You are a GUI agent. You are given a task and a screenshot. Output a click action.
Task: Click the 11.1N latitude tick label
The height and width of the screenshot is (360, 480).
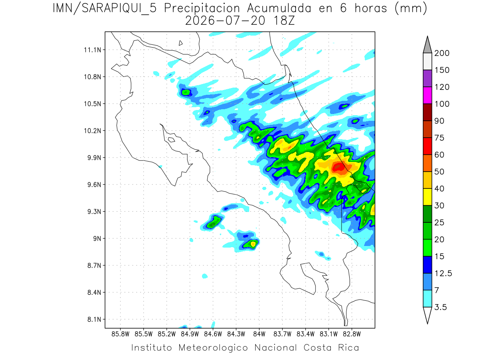[92, 50]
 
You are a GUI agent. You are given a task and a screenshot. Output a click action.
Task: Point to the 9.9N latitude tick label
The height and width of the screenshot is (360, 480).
[94, 158]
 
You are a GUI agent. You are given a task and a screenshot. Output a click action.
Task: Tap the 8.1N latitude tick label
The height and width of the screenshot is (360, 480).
[94, 320]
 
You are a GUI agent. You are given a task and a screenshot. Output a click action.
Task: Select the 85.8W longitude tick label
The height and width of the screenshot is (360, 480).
[120, 334]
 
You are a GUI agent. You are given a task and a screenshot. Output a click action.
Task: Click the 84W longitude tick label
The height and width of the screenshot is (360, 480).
[259, 334]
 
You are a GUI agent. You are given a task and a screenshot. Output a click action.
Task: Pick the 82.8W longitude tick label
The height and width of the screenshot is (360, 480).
[352, 334]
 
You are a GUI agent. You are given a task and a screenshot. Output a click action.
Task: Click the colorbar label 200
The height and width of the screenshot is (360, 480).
[442, 53]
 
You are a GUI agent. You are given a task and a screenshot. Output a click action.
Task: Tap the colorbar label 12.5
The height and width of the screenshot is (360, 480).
[443, 274]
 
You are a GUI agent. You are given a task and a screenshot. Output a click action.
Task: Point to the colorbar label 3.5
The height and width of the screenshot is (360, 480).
[440, 307]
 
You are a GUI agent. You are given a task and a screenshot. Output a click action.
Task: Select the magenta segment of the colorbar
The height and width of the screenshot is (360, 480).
[427, 95]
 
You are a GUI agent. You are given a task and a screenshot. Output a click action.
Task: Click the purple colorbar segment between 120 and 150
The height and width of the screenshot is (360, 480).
[427, 78]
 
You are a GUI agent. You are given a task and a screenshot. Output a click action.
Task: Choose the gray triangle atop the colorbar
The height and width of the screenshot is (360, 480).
[427, 45]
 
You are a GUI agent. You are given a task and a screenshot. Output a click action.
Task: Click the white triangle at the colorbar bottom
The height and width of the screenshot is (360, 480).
[427, 315]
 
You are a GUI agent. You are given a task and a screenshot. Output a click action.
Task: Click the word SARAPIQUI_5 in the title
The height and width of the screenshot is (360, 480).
[119, 9]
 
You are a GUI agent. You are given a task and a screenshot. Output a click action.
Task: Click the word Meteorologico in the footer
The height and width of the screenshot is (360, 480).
[213, 348]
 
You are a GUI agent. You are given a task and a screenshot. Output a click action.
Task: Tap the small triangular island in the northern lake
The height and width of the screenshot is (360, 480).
[180, 43]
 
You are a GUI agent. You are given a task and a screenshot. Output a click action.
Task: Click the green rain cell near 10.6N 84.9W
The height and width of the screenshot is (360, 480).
[186, 93]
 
